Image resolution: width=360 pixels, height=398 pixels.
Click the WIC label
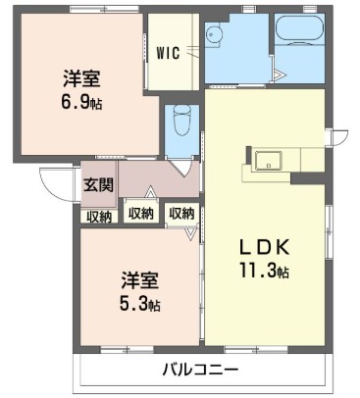167,54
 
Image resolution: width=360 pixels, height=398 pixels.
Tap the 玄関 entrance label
97,184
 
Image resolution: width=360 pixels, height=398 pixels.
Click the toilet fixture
180,124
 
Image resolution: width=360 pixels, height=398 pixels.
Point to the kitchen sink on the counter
268,161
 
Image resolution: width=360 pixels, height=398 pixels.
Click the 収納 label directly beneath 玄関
97,217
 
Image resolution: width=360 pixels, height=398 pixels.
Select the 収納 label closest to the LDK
180,213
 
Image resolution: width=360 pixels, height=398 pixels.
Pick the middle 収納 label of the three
140,213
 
